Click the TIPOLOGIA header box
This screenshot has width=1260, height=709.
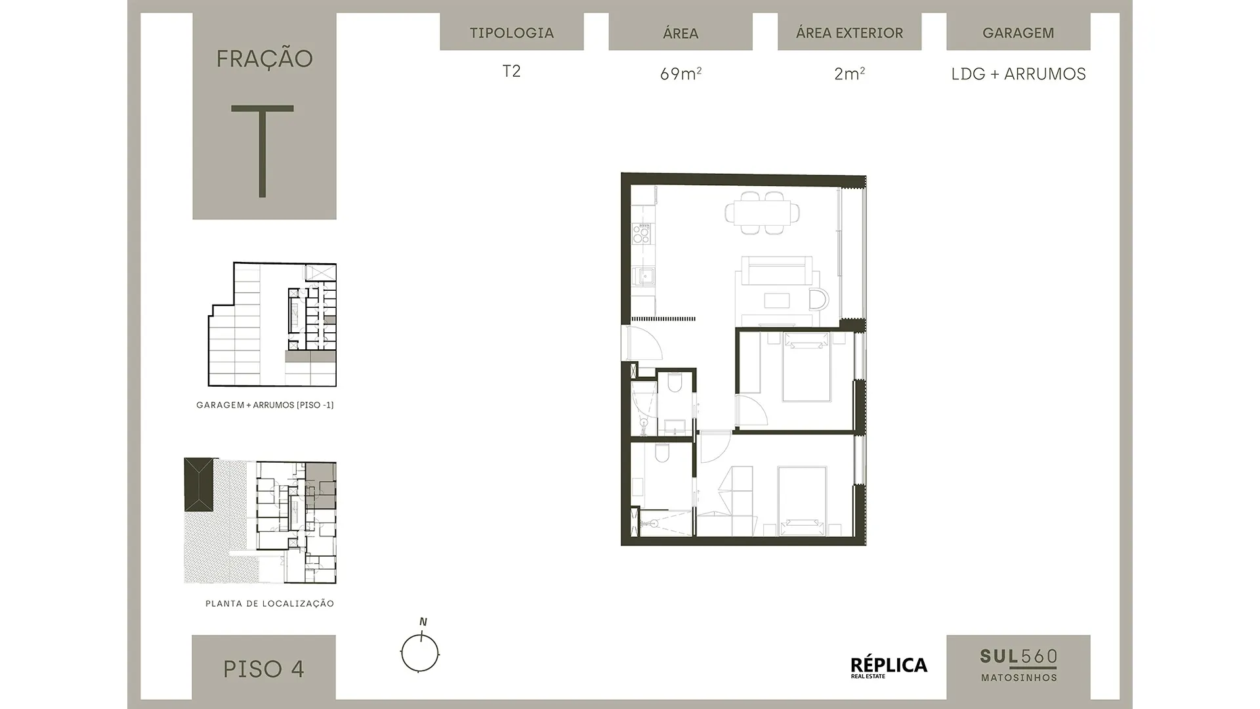pos(512,32)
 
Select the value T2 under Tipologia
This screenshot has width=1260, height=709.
pos(512,71)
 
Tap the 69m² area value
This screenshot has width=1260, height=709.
pos(681,74)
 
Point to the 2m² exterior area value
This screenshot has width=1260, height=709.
pos(849,74)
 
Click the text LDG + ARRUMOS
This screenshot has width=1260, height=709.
pos(1018,74)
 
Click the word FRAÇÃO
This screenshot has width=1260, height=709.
pos(264,58)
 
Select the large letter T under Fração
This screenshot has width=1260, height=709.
pos(262,151)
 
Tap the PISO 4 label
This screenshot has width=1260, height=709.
pos(264,669)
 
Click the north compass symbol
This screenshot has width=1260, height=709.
pos(420,647)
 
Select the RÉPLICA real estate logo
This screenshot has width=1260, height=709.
pos(889,667)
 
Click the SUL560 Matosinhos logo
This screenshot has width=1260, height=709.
pos(1018,665)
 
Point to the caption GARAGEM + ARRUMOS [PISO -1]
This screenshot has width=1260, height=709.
pos(265,405)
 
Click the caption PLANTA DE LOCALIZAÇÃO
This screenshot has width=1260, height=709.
pos(270,603)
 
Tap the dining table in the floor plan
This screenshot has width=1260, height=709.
pos(763,213)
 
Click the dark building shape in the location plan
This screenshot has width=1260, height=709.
pos(199,485)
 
